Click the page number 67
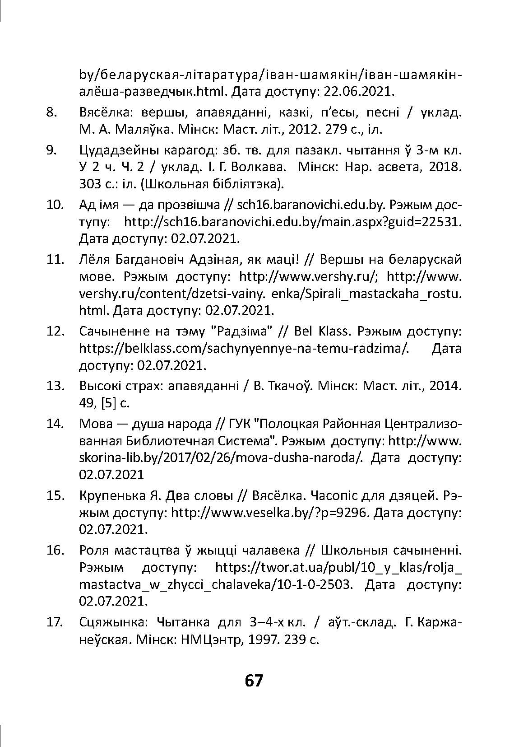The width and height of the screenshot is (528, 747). coord(253,680)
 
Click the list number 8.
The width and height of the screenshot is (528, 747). coord(52,112)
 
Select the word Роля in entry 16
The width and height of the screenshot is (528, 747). coord(93,550)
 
